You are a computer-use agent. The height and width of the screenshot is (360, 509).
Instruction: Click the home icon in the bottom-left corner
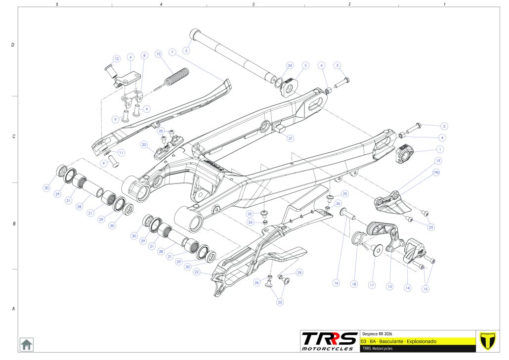coord(26,344)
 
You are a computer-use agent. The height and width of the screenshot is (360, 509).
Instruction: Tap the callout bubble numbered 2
coord(186,50)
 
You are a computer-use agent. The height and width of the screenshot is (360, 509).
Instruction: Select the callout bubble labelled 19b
coord(436,173)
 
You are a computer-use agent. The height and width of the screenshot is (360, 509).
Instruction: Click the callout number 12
coord(117,58)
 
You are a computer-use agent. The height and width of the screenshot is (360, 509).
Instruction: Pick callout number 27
coord(291,138)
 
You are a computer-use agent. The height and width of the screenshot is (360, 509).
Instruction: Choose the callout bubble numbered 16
coord(337,283)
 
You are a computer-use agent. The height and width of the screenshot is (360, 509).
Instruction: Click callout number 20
coord(144,144)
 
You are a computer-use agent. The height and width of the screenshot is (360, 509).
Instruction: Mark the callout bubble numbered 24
coord(290,65)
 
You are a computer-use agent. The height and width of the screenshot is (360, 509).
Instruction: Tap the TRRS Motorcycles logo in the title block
coord(329,341)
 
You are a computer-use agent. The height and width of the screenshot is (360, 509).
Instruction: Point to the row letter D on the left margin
coord(12,45)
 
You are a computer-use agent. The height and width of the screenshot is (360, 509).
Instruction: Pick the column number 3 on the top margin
coord(253,4)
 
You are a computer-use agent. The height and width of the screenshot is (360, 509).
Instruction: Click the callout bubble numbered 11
coord(122,152)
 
